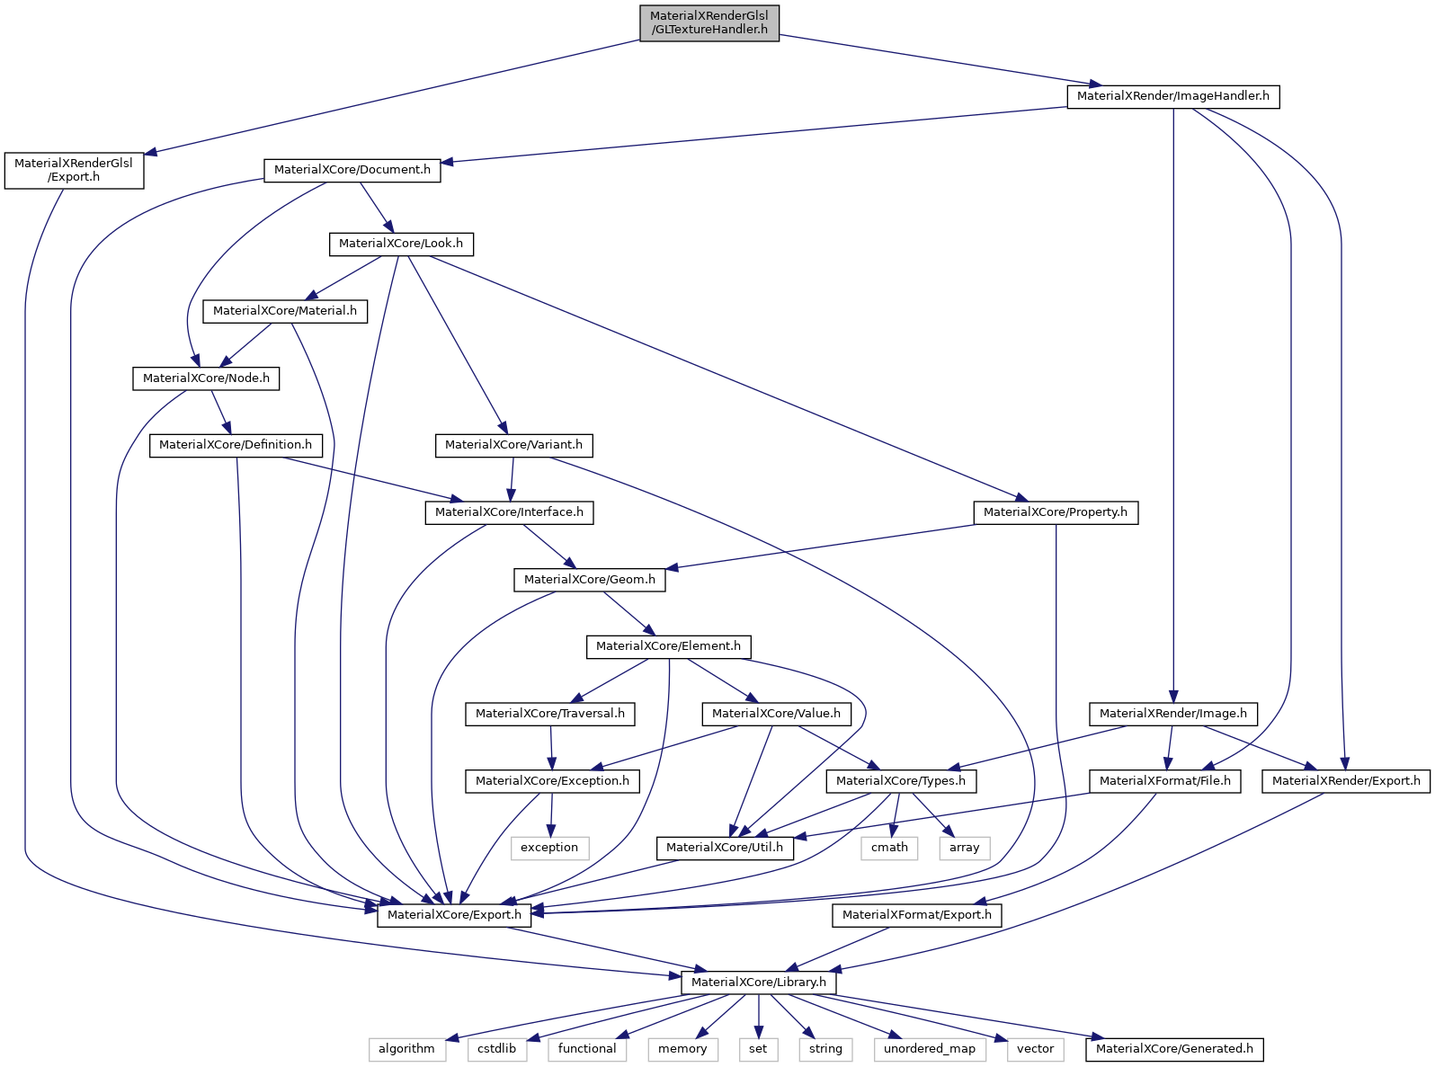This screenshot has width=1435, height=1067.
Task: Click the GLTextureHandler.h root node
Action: point(709,22)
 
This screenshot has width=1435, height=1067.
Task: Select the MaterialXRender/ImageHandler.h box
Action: point(1172,96)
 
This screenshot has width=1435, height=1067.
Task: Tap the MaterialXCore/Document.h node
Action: point(352,170)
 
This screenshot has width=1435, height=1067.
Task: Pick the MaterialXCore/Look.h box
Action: point(401,244)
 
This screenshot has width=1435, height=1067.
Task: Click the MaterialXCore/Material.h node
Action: point(285,311)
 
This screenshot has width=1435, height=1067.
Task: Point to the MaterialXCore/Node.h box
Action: point(206,378)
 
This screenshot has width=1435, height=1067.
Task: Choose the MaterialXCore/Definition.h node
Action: point(236,445)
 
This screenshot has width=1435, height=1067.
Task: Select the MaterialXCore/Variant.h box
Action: point(513,445)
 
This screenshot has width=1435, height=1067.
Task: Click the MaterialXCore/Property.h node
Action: point(1055,512)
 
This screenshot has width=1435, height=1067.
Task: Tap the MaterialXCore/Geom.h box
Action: point(589,580)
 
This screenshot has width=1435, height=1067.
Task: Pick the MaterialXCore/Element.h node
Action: point(668,646)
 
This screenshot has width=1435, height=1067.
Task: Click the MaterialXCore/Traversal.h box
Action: point(550,714)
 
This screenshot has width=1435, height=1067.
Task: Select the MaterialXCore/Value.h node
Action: point(776,714)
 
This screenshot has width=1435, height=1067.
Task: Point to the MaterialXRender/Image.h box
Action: point(1172,714)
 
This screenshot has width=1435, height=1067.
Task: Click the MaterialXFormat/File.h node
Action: point(1164,781)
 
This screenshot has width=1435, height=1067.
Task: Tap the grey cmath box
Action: point(889,848)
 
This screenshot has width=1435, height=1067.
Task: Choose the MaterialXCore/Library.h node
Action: point(758,983)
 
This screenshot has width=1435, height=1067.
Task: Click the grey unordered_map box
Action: point(929,1049)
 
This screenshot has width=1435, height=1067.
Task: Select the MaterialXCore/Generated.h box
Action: point(1173,1049)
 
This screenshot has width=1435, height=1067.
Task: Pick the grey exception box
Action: point(549,848)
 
